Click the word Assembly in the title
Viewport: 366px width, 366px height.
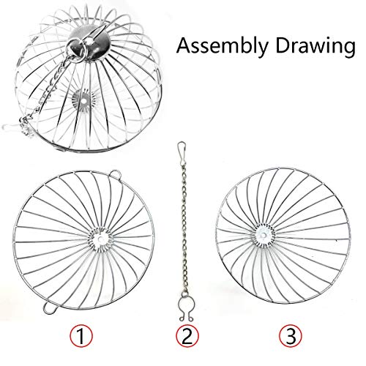pyautogui.click(x=223, y=46)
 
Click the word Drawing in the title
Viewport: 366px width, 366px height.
pyautogui.click(x=315, y=46)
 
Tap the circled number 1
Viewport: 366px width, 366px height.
pyautogui.click(x=81, y=336)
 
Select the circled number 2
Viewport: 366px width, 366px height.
pyautogui.click(x=187, y=336)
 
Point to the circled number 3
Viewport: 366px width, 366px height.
pyautogui.click(x=291, y=336)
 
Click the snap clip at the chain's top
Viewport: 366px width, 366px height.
pyautogui.click(x=182, y=149)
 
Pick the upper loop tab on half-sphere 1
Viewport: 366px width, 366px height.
pyautogui.click(x=115, y=173)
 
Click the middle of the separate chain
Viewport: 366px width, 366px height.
pyautogui.click(x=184, y=227)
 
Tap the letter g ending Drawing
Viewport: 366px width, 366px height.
pyautogui.click(x=348, y=49)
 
